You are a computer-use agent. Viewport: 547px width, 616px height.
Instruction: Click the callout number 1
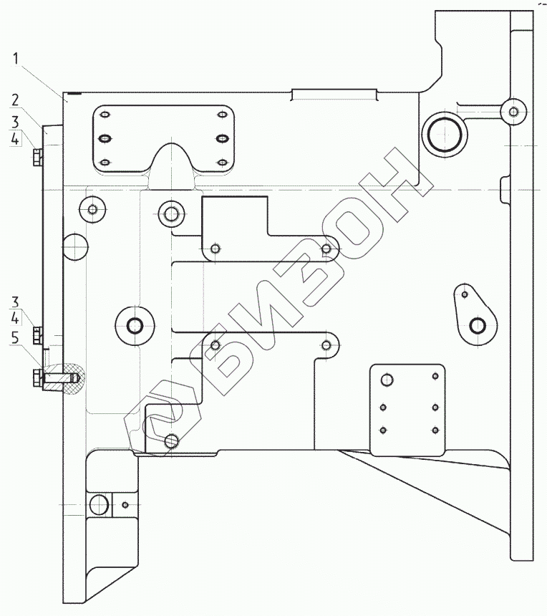point(16,59)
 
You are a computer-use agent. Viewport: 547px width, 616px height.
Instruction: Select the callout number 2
point(15,100)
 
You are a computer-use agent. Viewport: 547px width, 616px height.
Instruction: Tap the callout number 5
point(15,337)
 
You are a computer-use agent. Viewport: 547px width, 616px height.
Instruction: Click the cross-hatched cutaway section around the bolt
point(64,378)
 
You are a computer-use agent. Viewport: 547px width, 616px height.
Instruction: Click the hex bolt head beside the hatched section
point(37,378)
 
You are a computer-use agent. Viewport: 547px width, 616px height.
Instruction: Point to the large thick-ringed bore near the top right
point(445,135)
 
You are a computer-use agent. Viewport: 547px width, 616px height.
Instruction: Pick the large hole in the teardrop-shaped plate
point(478,325)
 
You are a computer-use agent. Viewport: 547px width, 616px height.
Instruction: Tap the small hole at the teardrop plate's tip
point(465,294)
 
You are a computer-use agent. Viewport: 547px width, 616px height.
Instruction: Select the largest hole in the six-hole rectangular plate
point(387,380)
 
